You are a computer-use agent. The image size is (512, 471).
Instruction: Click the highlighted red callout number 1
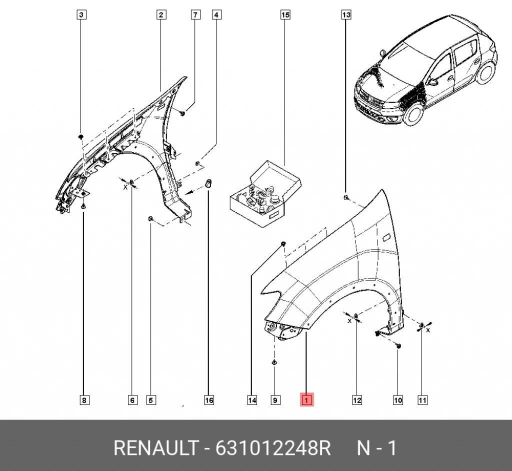click(306, 399)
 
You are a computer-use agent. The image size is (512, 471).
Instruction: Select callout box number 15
click(285, 15)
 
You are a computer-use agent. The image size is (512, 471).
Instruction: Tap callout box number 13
click(346, 15)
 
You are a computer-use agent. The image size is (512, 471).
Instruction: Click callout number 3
click(81, 15)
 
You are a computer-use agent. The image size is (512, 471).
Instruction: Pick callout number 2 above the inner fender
click(161, 15)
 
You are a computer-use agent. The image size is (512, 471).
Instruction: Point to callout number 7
click(195, 15)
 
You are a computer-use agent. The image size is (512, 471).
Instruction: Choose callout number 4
click(216, 15)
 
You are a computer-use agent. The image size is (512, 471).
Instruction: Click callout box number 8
click(84, 400)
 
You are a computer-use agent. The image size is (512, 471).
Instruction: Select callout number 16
click(209, 400)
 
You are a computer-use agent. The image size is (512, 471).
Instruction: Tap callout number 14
click(252, 400)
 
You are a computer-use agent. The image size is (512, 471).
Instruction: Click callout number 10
click(397, 400)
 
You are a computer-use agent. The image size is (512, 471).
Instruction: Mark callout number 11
click(422, 400)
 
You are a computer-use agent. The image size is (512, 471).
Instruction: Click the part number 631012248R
click(273, 448)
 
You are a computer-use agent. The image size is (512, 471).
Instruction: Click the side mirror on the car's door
click(433, 81)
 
